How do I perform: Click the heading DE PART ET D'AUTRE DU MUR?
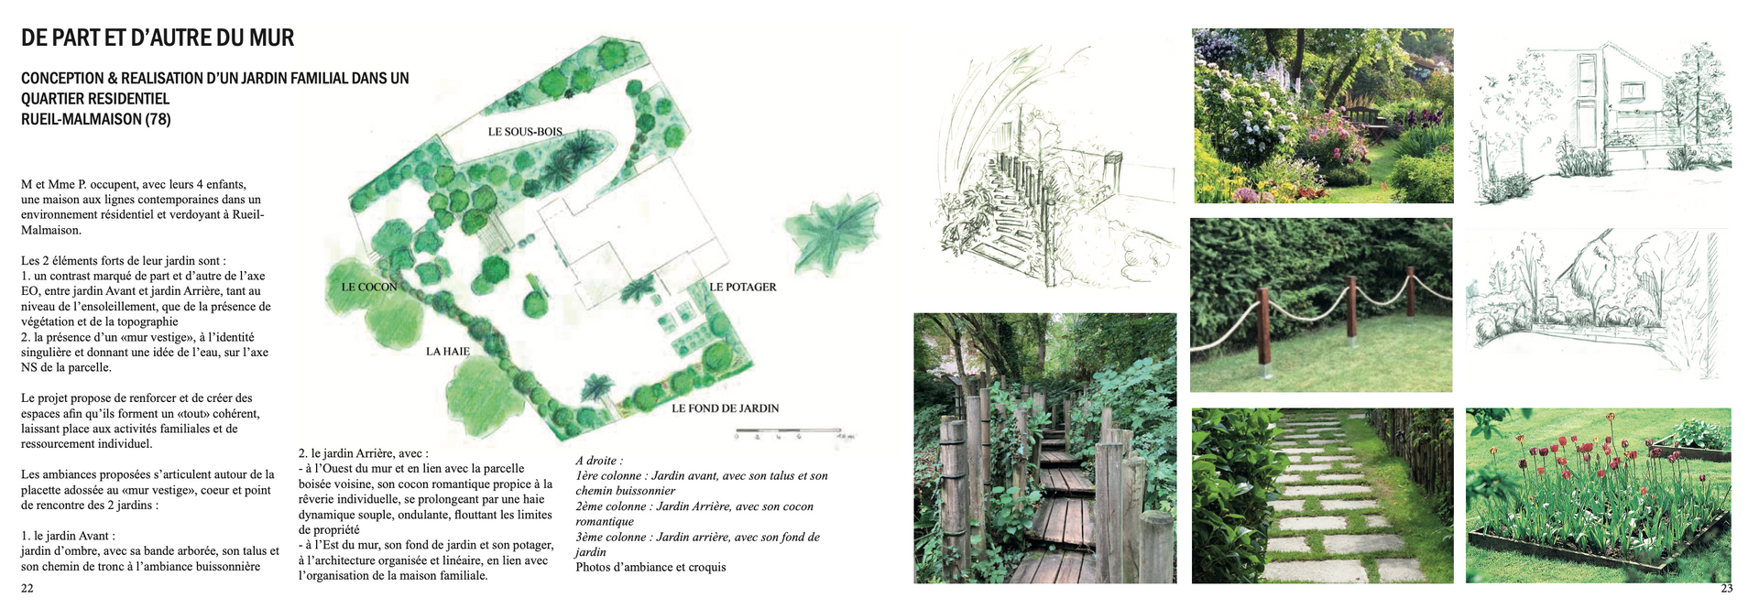point(158,38)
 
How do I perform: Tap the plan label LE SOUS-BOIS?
point(525,132)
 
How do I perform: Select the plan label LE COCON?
point(369,288)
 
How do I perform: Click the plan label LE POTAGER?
point(742,288)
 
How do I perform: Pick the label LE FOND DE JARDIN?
point(725,408)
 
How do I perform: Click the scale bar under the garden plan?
point(788,430)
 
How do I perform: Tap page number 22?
point(27,588)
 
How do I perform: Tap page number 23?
point(1726,588)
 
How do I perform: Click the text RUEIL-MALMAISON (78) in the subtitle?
point(96,119)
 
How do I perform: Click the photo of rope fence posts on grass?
point(1320,305)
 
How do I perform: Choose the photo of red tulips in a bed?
point(1598,495)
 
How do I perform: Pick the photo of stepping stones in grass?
point(1322,495)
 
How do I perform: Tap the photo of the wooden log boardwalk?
point(1044,448)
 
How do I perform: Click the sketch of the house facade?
point(1599,114)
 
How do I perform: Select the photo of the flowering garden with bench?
point(1322,115)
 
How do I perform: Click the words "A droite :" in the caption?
point(599,461)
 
